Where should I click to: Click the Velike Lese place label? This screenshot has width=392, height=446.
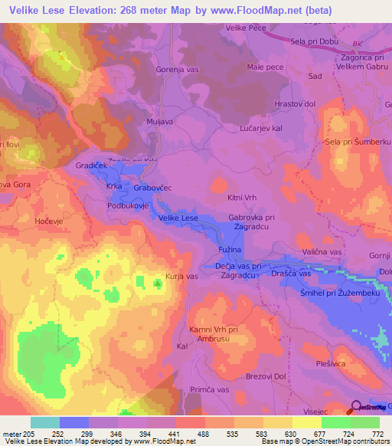178,218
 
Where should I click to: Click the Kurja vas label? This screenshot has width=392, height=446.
182,276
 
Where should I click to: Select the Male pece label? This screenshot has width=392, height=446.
265,67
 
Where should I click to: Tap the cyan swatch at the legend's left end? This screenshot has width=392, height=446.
44,422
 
